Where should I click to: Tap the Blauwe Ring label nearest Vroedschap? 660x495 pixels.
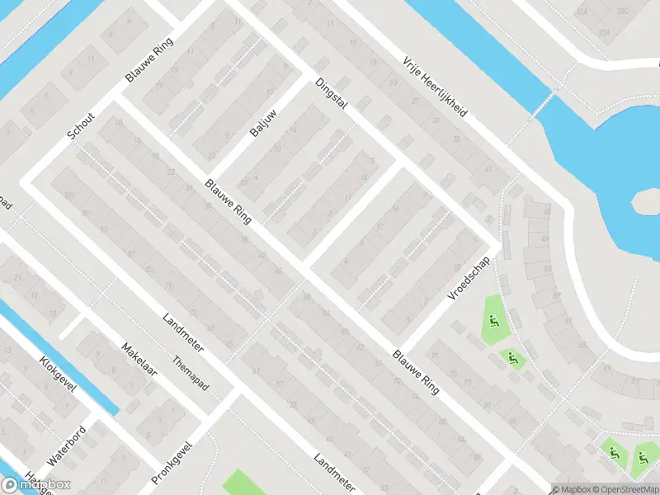417,368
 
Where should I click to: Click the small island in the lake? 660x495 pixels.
646,204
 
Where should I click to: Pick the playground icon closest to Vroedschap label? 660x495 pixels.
493,322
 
